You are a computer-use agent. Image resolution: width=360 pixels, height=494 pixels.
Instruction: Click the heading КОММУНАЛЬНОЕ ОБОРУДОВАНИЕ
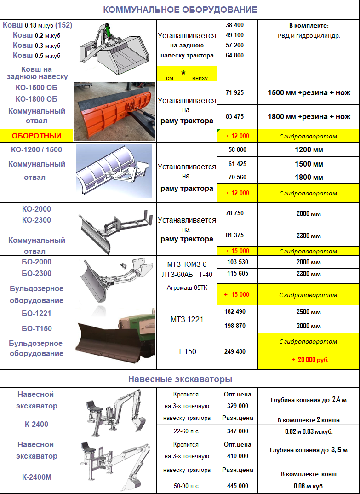(180, 10)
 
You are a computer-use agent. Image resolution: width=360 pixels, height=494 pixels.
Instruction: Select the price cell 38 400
(235, 25)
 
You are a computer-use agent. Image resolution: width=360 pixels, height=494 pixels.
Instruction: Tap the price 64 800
(235, 56)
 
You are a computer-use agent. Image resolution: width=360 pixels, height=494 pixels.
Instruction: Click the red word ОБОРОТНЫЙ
(36, 136)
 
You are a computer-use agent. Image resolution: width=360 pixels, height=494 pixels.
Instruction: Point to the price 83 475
(235, 117)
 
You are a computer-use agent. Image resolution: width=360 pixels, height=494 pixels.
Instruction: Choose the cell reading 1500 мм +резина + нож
(309, 93)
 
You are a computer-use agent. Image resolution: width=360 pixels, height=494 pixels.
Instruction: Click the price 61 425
(237, 164)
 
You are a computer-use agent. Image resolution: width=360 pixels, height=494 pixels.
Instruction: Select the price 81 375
(235, 236)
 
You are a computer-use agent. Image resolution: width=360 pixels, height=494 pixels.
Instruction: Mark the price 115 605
(237, 274)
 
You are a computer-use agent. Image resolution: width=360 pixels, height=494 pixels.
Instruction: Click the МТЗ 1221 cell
(187, 319)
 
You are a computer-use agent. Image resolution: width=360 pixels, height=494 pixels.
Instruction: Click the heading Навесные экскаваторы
(180, 379)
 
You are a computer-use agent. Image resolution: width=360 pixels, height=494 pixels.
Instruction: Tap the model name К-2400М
(36, 477)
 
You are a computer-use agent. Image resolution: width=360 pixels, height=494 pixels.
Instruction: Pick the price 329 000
(237, 406)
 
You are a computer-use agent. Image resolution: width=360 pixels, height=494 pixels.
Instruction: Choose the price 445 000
(237, 486)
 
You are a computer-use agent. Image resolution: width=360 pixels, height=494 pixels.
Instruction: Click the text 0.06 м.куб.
(309, 486)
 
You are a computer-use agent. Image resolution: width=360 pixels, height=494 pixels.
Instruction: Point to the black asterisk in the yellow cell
(183, 73)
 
